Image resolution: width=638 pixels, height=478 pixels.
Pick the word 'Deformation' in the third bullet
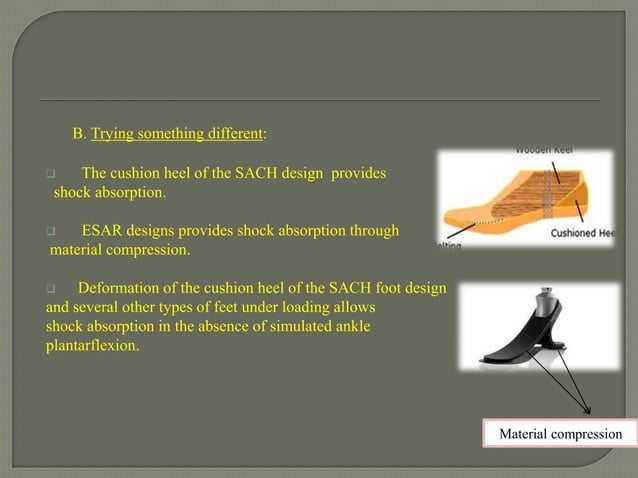(120, 288)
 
